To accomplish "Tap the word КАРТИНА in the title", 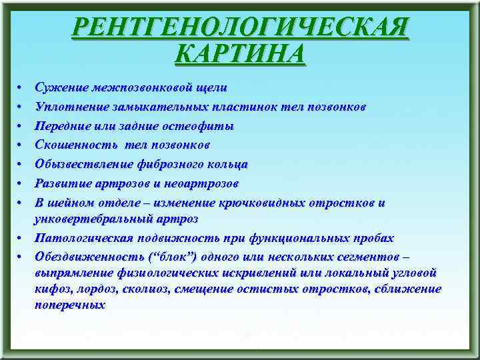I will point(240,53).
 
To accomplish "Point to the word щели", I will point(212,87).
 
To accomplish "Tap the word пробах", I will point(373,237).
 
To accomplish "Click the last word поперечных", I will point(70,305).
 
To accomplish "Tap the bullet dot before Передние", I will point(21,126).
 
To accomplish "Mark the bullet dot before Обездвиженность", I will point(21,257).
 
